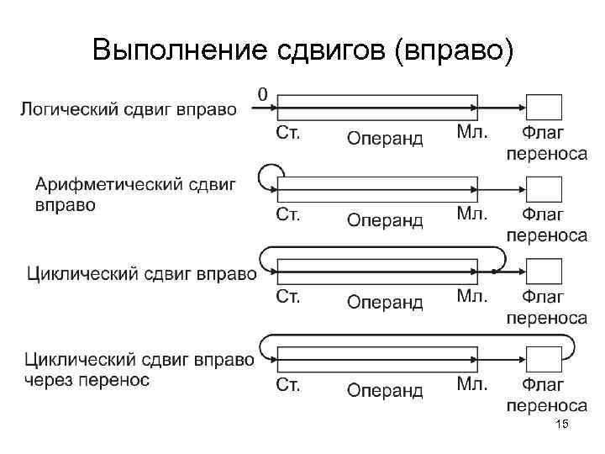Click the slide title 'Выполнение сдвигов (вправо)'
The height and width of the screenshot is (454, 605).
(302, 50)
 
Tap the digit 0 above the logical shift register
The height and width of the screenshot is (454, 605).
(264, 93)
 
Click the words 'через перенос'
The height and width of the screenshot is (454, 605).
(87, 381)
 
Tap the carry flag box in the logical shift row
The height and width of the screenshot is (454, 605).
(544, 108)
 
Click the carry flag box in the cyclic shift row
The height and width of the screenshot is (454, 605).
(544, 272)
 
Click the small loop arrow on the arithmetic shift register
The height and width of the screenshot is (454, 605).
(271, 176)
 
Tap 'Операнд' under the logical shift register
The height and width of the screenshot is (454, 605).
(385, 138)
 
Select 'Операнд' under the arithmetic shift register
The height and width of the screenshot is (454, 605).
(385, 220)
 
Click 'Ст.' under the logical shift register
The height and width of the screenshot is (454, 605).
(287, 132)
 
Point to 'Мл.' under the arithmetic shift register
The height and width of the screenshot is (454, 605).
(471, 214)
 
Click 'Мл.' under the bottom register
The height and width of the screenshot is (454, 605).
(471, 384)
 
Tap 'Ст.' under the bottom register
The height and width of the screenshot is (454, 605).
(287, 384)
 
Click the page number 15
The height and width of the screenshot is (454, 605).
(562, 426)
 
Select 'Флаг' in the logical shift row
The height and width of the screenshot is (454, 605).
(544, 133)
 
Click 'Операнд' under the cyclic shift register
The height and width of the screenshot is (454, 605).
(385, 302)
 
